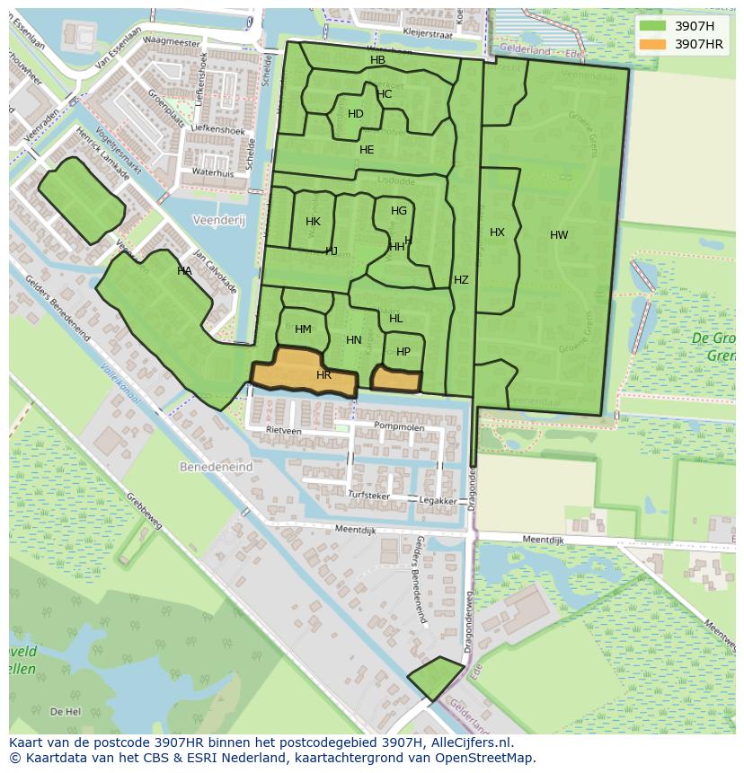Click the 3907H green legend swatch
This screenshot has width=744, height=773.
653,25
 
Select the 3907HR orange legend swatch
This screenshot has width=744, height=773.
653,44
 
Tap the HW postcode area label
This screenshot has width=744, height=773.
559,235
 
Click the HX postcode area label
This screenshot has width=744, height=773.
497,233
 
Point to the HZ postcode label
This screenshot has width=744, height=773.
461,280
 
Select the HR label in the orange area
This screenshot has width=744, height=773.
323,375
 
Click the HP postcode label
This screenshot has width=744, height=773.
403,352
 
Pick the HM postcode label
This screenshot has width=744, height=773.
303,329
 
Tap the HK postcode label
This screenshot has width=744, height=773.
313,222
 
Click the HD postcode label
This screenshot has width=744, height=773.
356,114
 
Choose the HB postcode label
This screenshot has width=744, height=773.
377,60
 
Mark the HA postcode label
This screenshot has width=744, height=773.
184,271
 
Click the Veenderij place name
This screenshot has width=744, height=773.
218,220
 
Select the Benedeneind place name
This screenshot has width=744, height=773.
216,468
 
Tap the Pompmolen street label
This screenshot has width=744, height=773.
399,427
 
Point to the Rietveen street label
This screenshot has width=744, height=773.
284,431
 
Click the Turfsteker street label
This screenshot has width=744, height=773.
369,496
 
